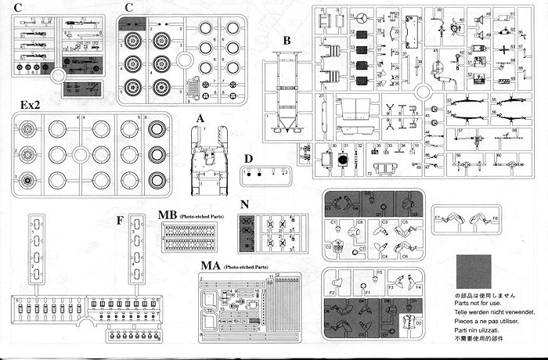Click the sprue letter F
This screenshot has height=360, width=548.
(120, 220)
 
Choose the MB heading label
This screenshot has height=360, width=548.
(168, 215)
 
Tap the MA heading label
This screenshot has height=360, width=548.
(211, 266)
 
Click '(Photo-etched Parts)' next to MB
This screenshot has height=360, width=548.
(204, 216)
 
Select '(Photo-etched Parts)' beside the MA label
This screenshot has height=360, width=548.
(246, 268)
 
